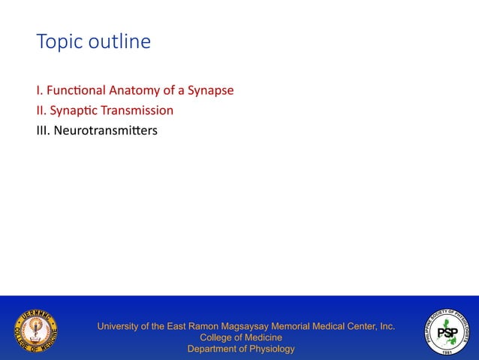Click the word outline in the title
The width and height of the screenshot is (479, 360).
[x=116, y=42]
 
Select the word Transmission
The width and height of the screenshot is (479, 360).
[x=137, y=110]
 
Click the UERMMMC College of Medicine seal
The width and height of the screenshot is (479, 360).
[x=35, y=331]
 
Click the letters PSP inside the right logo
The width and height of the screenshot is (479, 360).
[x=447, y=332]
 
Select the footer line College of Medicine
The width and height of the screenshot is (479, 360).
[x=240, y=337]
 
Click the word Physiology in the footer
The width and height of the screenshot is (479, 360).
[x=269, y=349]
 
